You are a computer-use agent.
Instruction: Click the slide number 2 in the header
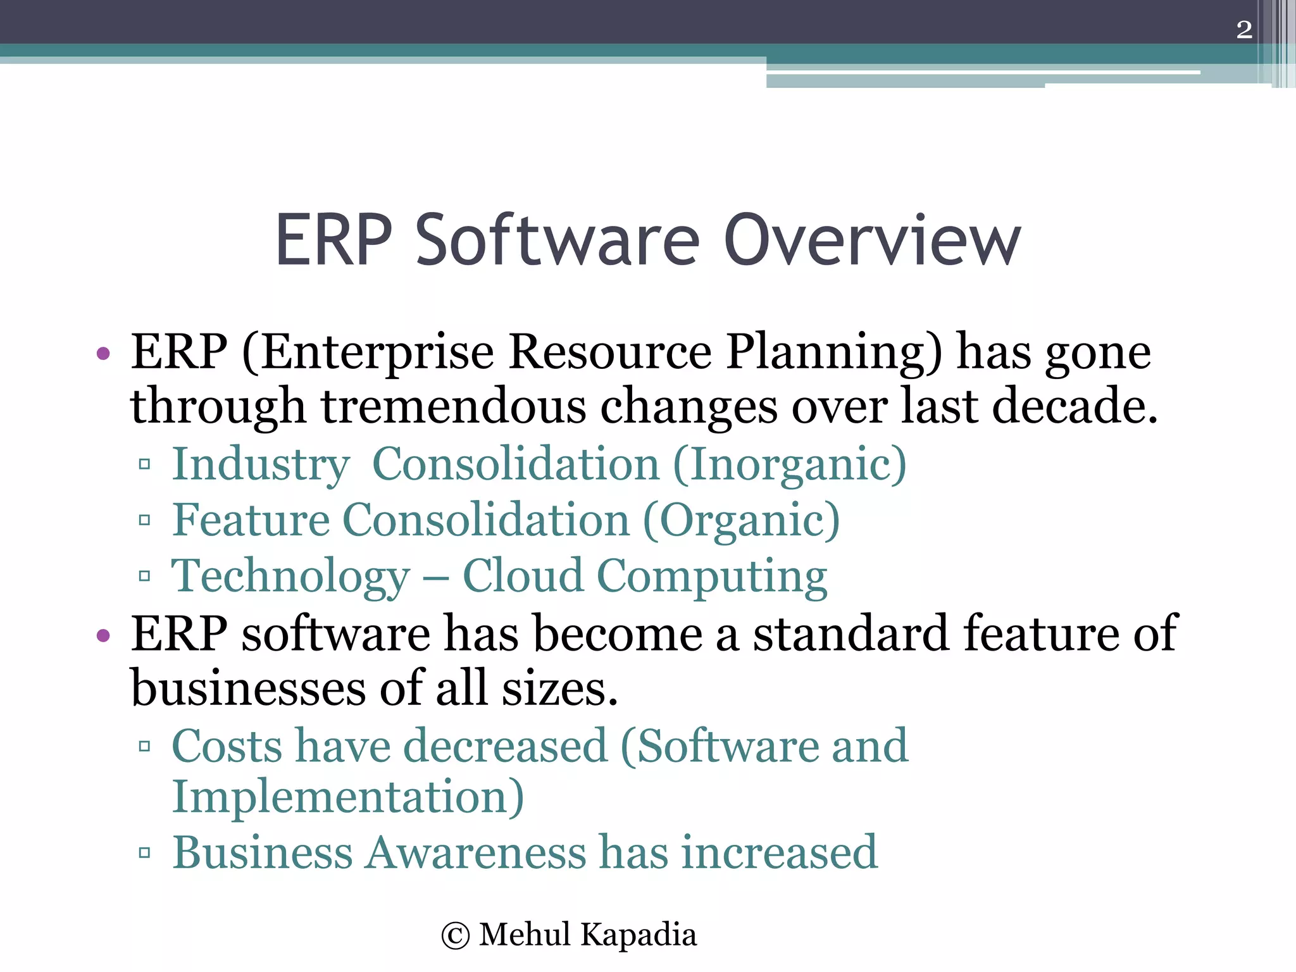pyautogui.click(x=1243, y=30)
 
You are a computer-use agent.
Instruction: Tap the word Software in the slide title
pyautogui.click(x=557, y=240)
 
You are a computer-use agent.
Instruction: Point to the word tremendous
pyautogui.click(x=453, y=406)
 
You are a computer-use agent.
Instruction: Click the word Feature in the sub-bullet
pyautogui.click(x=251, y=520)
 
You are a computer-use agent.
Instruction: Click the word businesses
pyautogui.click(x=247, y=688)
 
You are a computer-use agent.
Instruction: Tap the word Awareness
pyautogui.click(x=476, y=852)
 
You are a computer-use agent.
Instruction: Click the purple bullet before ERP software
pyautogui.click(x=103, y=634)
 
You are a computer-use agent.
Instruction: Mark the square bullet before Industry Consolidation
pyautogui.click(x=144, y=464)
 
